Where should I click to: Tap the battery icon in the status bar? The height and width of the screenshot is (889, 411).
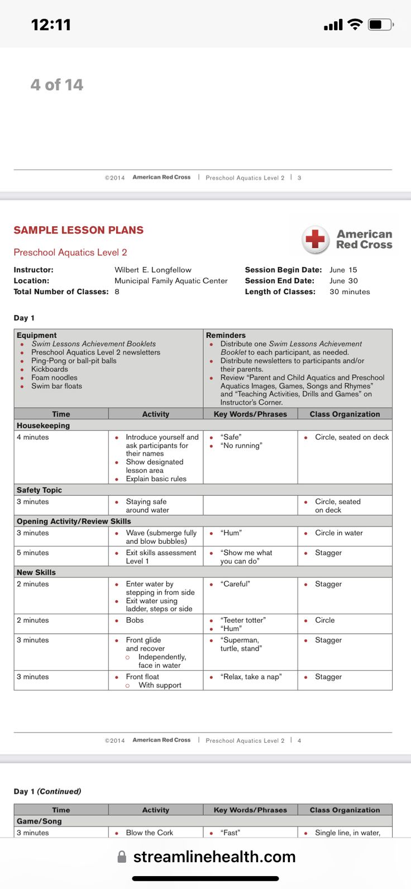pyautogui.click(x=381, y=25)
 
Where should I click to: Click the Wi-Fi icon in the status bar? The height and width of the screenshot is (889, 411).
pyautogui.click(x=355, y=24)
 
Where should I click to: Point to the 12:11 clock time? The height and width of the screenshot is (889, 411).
pyautogui.click(x=51, y=25)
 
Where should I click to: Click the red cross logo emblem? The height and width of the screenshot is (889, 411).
pyautogui.click(x=316, y=240)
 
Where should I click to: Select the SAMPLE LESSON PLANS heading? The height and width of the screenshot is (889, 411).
pyautogui.click(x=79, y=230)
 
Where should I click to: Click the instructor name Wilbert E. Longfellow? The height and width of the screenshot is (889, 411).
pyautogui.click(x=153, y=270)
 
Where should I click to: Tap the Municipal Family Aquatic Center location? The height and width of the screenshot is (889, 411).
pyautogui.click(x=171, y=281)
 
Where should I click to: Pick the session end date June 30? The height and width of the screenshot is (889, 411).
pyautogui.click(x=343, y=281)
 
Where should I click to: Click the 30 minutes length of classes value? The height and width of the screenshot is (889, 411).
pyautogui.click(x=350, y=291)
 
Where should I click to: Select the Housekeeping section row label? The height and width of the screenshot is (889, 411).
pyautogui.click(x=44, y=426)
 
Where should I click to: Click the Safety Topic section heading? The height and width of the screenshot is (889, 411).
pyautogui.click(x=39, y=490)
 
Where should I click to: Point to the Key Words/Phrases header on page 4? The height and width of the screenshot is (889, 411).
pyautogui.click(x=250, y=414)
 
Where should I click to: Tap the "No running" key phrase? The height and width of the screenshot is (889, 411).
pyautogui.click(x=241, y=446)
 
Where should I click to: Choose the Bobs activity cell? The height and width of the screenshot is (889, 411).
pyautogui.click(x=135, y=620)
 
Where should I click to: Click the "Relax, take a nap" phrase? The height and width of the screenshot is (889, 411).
pyautogui.click(x=251, y=677)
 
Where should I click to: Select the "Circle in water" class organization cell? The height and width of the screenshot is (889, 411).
pyautogui.click(x=338, y=533)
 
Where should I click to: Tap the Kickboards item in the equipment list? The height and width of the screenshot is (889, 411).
pyautogui.click(x=50, y=369)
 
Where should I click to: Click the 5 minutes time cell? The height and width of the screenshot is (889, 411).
pyautogui.click(x=33, y=553)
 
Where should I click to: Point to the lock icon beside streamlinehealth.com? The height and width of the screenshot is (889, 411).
pyautogui.click(x=122, y=857)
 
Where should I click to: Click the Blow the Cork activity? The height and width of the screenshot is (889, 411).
pyautogui.click(x=149, y=833)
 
